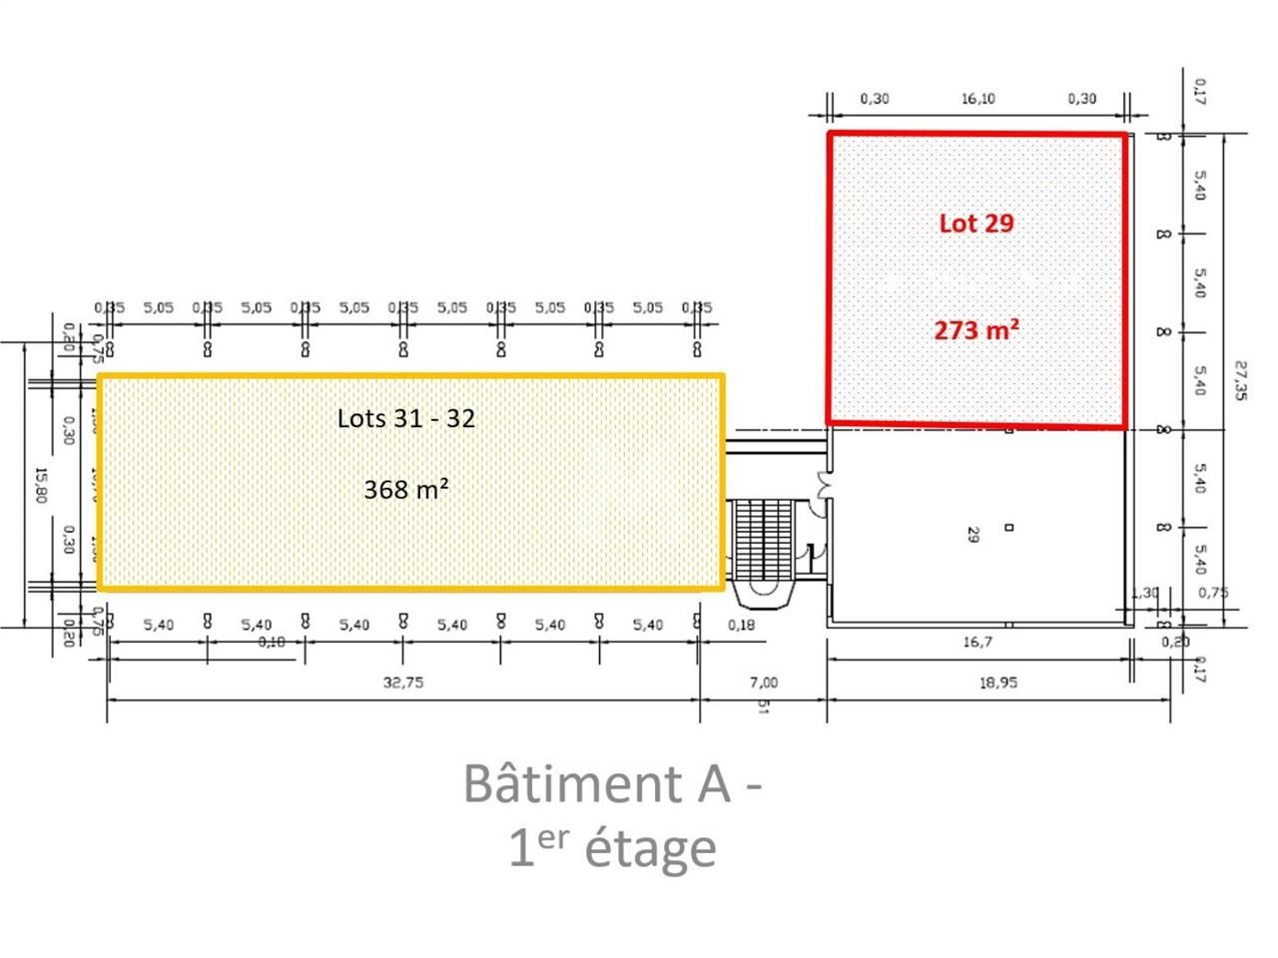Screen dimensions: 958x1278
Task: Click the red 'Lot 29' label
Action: point(975,223)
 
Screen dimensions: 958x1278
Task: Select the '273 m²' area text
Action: point(975,328)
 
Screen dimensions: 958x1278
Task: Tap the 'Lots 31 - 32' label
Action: point(405,417)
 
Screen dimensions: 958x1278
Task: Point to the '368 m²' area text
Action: point(405,489)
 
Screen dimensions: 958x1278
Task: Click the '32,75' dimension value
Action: point(403,684)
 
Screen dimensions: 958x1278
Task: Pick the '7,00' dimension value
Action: point(763,684)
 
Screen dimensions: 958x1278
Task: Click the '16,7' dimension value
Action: point(977,642)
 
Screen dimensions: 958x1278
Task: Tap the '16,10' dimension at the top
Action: point(977,99)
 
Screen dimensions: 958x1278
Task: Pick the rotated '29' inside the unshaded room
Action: point(971,534)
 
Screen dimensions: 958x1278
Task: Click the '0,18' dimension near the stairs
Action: point(742,625)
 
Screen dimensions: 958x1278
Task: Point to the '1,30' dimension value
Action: point(1144,593)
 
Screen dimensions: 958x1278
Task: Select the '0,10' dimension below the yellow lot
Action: point(272,642)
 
